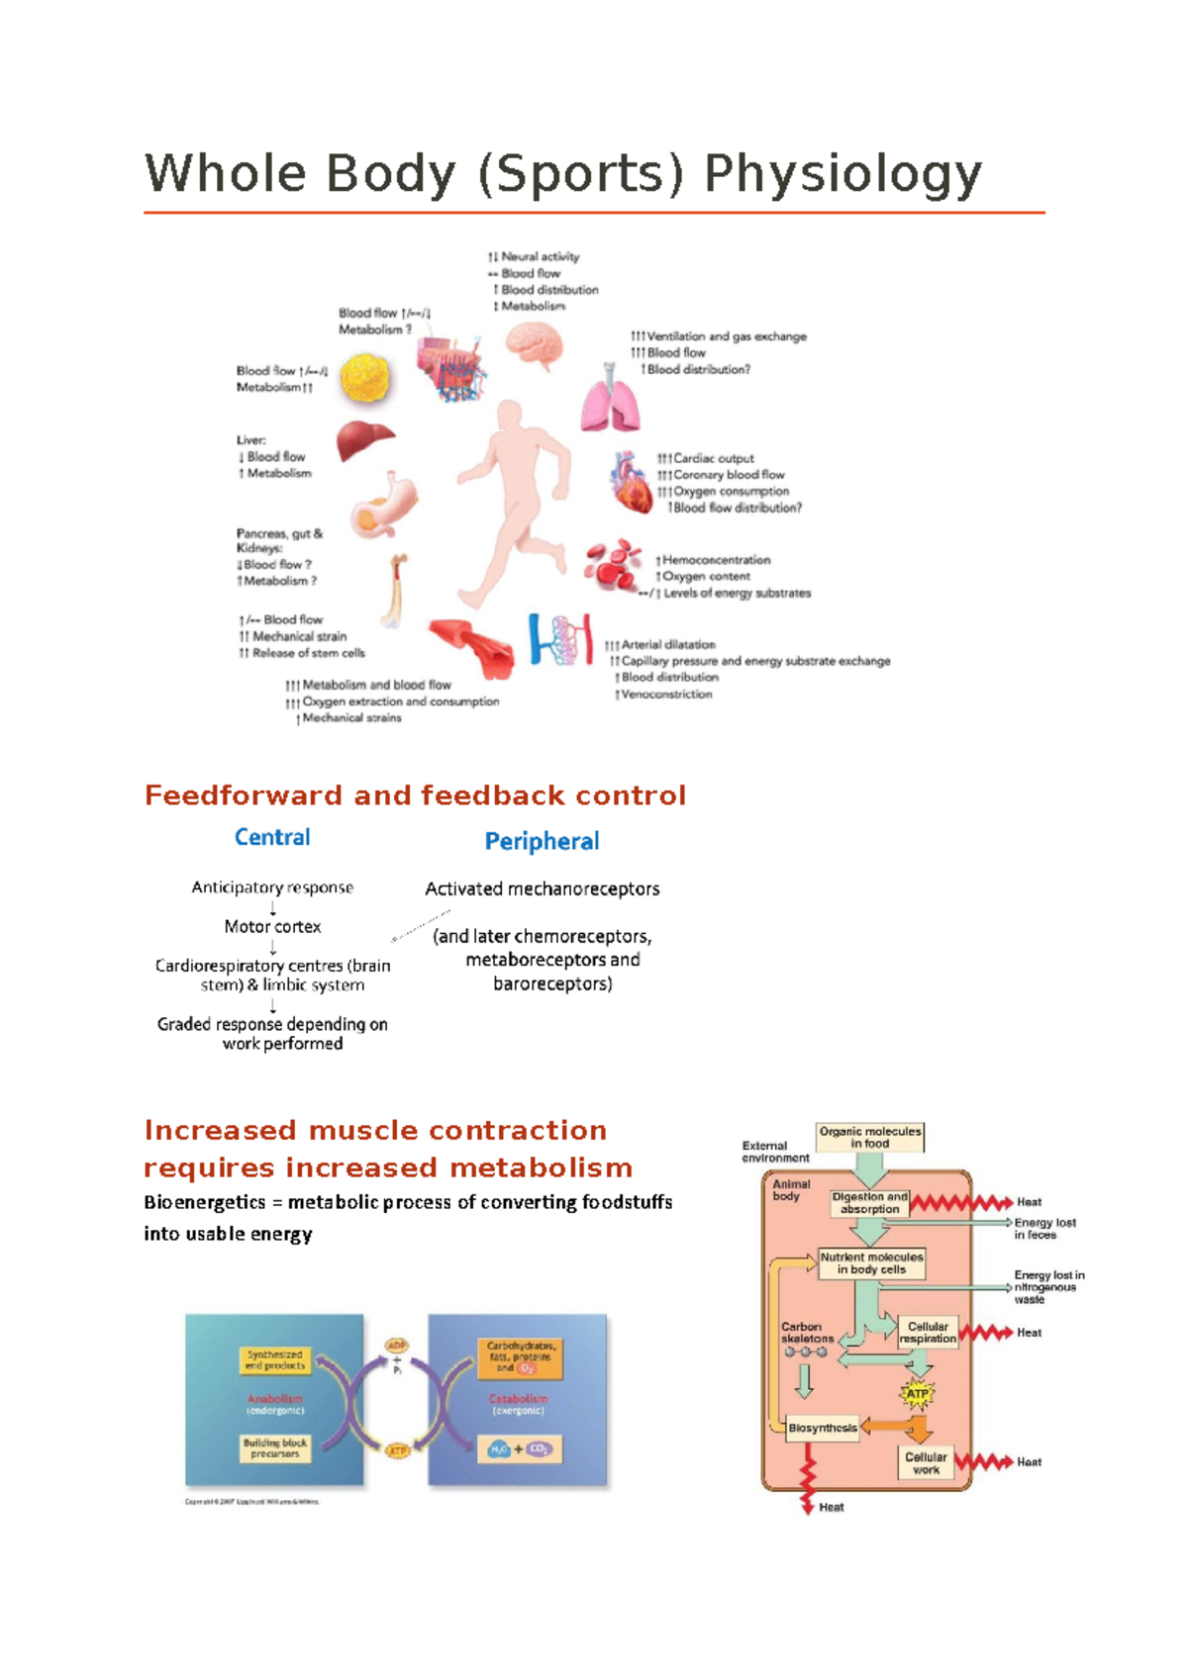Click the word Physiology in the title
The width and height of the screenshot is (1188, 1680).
point(842,175)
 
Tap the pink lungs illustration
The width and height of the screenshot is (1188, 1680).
point(609,401)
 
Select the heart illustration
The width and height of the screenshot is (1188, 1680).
point(631,482)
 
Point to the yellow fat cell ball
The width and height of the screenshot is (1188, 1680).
point(365,378)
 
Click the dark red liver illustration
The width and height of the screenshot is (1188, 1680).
point(363,439)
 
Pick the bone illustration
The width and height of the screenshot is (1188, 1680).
point(397,591)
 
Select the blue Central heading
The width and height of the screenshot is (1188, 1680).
point(272,838)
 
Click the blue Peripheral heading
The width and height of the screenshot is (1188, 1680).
point(542,842)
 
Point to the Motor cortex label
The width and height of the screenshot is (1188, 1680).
point(272,927)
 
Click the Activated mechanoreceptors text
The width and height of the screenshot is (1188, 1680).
point(542,889)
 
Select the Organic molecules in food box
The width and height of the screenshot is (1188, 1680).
point(869,1138)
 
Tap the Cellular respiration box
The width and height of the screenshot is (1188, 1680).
point(928,1333)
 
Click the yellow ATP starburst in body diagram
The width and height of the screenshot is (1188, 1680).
point(918,1394)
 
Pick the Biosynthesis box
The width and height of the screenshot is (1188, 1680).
point(823,1428)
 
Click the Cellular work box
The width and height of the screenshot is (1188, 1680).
point(926,1463)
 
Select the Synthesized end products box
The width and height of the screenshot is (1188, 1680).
point(275,1359)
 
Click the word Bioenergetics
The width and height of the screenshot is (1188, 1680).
point(205,1203)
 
